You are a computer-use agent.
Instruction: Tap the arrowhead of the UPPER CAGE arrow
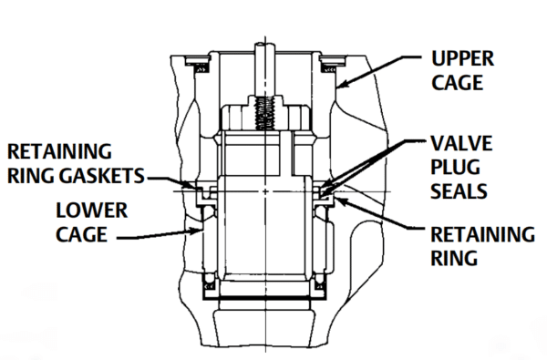point(339,87)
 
